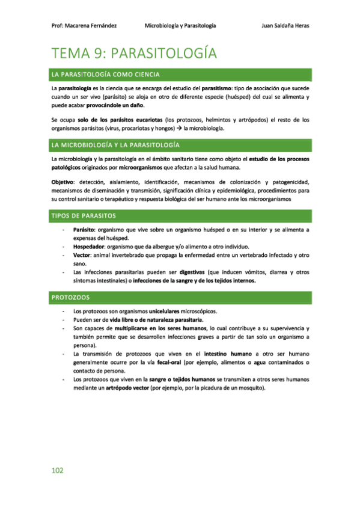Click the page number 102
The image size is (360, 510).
click(x=57, y=470)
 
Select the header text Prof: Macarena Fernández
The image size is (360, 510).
click(x=84, y=26)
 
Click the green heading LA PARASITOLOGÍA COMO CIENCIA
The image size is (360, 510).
click(x=106, y=75)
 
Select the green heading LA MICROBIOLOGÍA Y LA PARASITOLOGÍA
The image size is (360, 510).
click(x=116, y=146)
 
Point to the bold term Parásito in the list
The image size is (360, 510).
click(x=84, y=230)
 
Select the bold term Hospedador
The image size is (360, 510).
click(x=90, y=247)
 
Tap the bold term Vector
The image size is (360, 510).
click(x=82, y=255)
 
